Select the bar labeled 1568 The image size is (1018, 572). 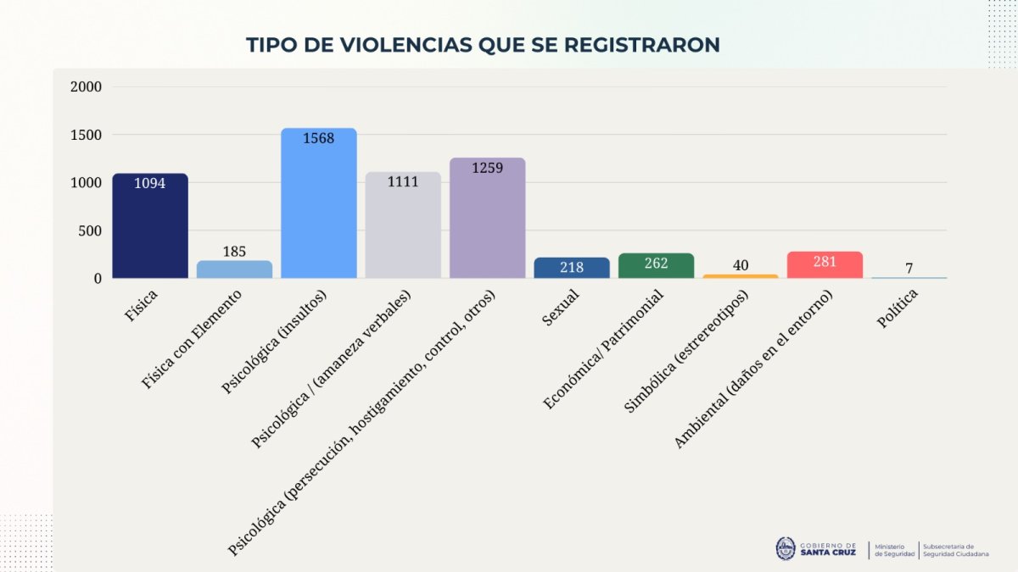click(319, 203)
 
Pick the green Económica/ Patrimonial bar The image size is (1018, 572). click(657, 266)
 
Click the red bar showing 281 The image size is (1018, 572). click(825, 265)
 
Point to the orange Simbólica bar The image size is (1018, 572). click(741, 276)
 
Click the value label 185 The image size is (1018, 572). click(234, 252)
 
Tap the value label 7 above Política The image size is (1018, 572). click(909, 269)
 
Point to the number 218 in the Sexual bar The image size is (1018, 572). click(572, 268)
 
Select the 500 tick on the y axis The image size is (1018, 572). click(90, 230)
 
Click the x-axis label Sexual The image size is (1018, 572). click(561, 309)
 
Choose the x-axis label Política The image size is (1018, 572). click(898, 309)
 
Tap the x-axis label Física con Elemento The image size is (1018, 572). click(193, 338)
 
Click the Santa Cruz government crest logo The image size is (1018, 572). click(786, 548)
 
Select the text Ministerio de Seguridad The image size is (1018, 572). click(894, 550)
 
